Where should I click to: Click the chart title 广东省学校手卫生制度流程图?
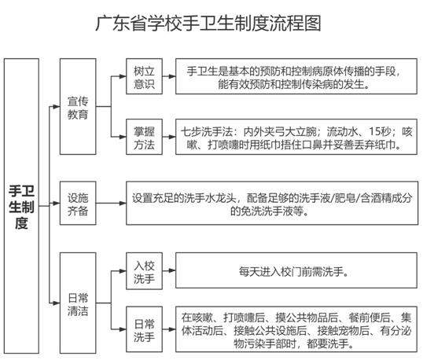click(208, 23)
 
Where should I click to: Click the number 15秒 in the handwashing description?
click(380, 132)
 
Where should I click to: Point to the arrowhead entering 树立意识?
click(123, 76)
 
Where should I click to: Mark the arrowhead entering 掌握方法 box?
click(123, 137)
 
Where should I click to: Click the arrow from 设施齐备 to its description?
click(111, 204)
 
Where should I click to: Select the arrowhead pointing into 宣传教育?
click(57, 107)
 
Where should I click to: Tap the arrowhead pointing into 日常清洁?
click(57, 303)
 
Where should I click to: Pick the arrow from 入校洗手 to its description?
click(169, 270)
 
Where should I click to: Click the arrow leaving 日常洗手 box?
click(169, 329)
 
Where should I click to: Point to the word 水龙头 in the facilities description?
click(221, 198)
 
